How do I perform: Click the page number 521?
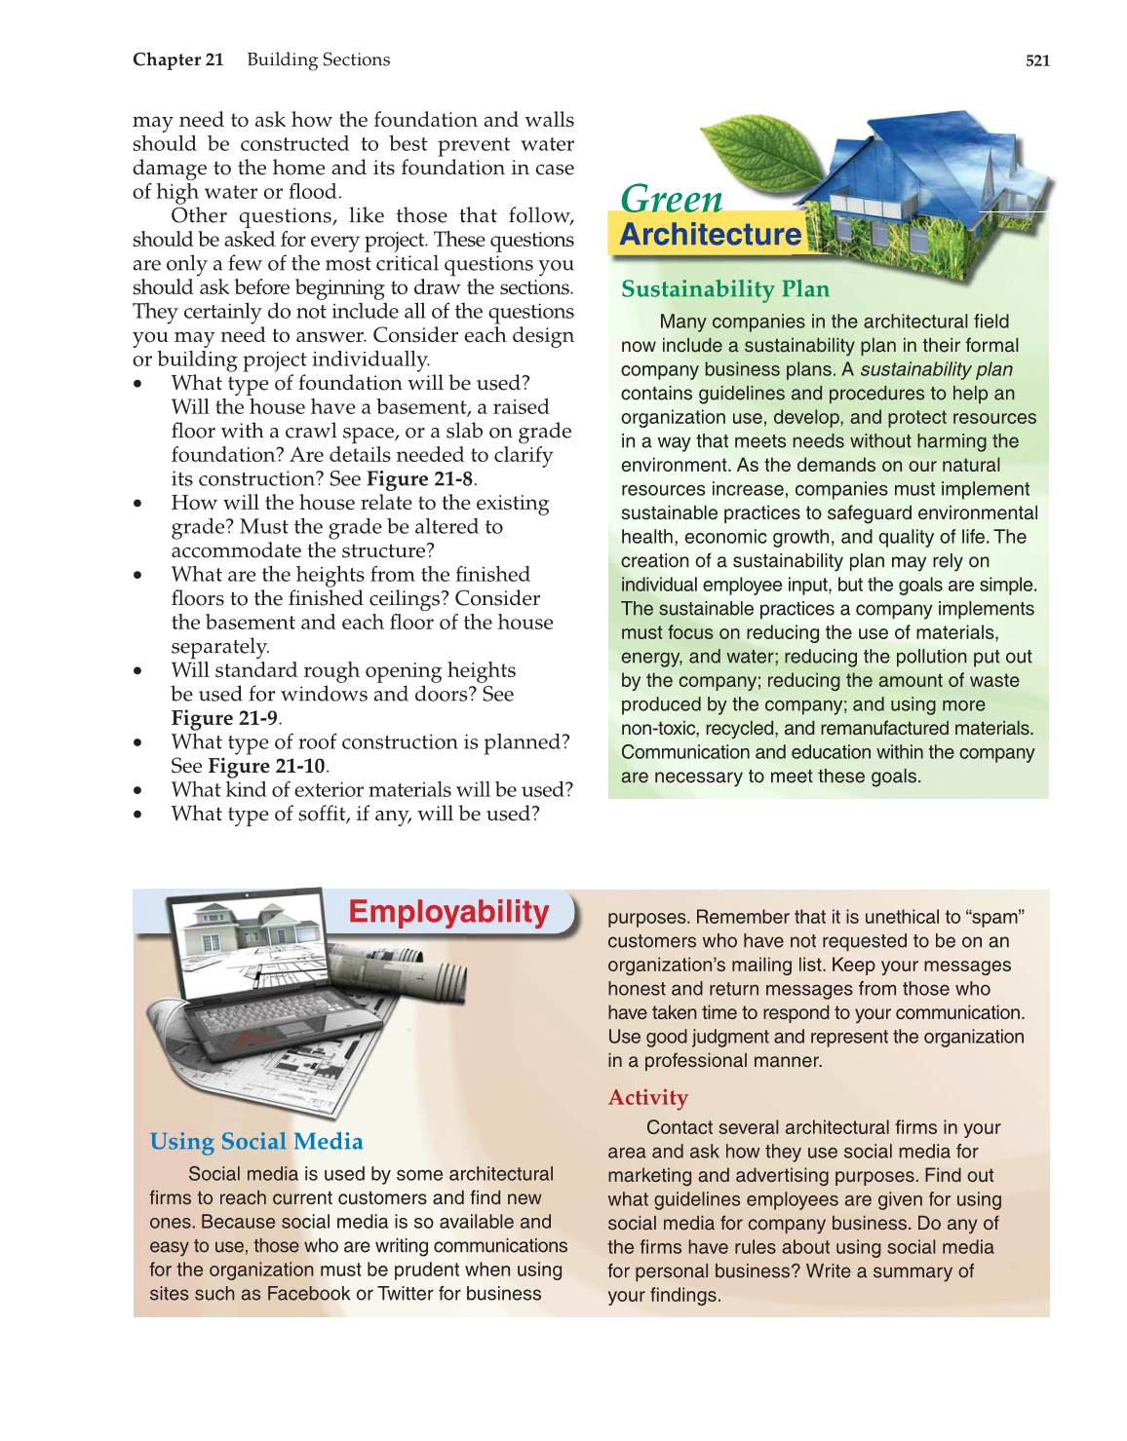pos(1037,60)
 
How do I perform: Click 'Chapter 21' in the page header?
pos(178,59)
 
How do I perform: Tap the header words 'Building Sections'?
pos(318,59)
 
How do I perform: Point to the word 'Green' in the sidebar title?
pos(672,199)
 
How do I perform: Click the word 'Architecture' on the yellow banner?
pos(711,235)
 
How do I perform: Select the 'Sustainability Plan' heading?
pos(725,289)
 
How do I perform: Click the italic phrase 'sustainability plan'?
pos(936,369)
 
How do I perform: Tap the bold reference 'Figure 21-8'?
pos(420,479)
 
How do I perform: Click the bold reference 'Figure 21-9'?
pos(225,718)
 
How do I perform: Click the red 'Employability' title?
pos(448,911)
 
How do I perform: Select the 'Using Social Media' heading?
pos(256,1142)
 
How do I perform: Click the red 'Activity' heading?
pos(648,1098)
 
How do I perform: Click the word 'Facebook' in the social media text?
pos(308,1294)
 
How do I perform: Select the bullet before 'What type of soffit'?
pos(139,815)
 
